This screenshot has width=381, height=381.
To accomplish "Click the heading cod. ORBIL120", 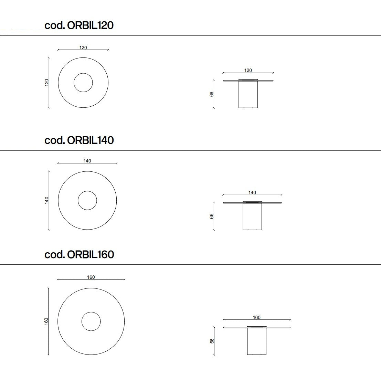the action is point(79,25).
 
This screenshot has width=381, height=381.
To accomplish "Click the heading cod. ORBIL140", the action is point(79,140).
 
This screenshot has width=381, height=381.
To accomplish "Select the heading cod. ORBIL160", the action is point(79,254).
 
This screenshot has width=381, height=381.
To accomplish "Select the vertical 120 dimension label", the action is point(47,83).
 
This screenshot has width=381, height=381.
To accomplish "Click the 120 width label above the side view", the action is point(248,70).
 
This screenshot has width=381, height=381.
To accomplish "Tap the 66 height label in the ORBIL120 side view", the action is point(212,94).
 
